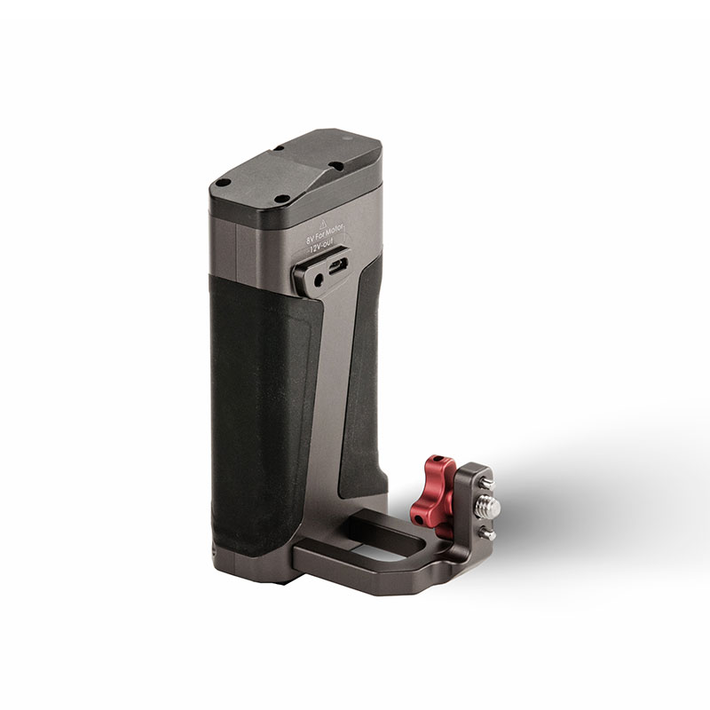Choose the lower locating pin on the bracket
point(486,534)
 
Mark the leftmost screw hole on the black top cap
point(224,184)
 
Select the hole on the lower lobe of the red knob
point(420,514)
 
